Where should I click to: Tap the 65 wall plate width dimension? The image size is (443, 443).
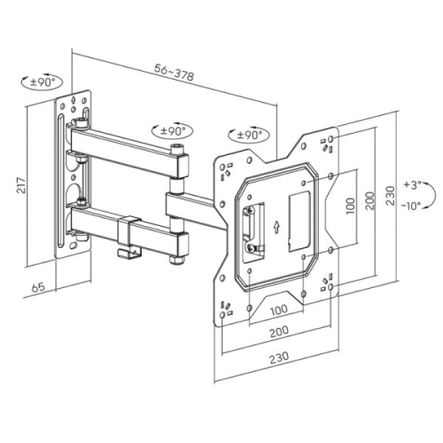coord(37,288)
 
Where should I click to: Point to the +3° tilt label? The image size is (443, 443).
coord(410,185)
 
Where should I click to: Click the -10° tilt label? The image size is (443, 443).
coord(410,206)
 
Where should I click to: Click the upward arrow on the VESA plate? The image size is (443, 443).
coord(277,226)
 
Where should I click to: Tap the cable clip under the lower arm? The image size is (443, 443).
coord(129,250)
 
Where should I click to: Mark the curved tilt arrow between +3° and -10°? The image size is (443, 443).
coord(427,196)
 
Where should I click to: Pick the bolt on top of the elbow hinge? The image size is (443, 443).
coord(178,149)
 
